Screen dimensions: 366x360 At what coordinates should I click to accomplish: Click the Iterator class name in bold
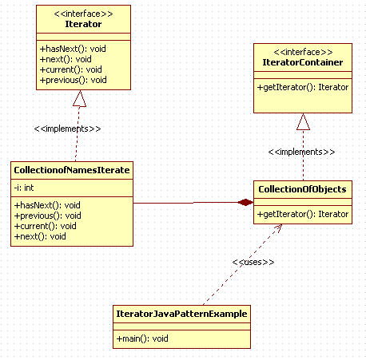point(83,24)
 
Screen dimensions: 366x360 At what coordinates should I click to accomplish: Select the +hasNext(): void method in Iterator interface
point(73,49)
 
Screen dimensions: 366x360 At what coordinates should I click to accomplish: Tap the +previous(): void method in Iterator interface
point(74,80)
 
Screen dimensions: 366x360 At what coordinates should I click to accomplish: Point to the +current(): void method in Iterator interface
point(70,69)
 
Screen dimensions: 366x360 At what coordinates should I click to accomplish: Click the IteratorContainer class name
point(303,62)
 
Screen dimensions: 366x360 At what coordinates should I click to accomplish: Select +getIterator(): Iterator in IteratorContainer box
point(303,87)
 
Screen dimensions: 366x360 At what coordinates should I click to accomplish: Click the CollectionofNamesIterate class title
point(72,170)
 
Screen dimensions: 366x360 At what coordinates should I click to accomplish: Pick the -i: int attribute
point(24,188)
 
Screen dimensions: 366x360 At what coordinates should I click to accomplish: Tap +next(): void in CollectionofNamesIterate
point(40,236)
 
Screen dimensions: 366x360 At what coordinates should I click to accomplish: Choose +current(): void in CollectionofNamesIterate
point(46,226)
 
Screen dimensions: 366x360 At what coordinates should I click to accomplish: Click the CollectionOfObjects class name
point(302,189)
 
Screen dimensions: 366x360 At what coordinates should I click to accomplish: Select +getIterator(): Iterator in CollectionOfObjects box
point(303,214)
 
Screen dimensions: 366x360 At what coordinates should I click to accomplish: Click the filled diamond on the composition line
point(245,203)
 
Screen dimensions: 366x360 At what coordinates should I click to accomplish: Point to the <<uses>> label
point(253,262)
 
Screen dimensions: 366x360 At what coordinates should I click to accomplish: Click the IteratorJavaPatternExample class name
point(181,314)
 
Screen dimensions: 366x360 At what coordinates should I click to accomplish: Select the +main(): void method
point(142,338)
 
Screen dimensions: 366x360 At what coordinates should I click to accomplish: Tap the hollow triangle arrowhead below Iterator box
point(79,98)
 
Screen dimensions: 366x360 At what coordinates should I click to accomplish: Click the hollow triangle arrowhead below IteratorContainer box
point(303,121)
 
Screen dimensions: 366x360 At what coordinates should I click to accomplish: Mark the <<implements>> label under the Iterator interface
point(67,129)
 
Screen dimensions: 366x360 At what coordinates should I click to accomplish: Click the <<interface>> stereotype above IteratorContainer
point(303,52)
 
